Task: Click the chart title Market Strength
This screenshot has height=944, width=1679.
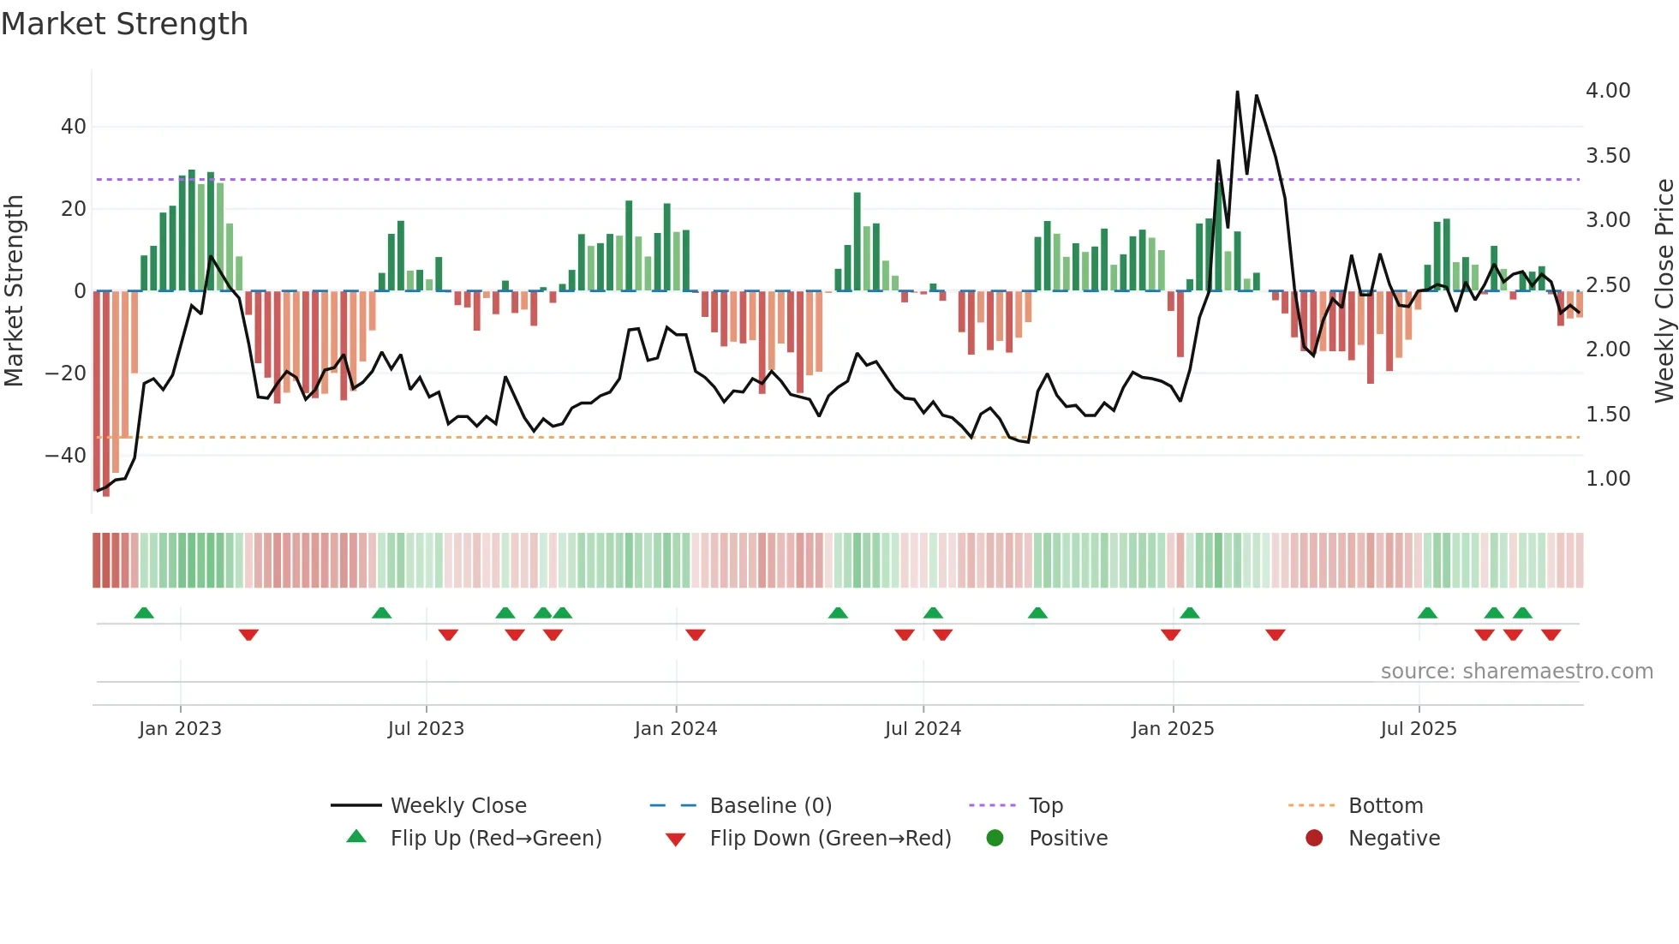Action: click(x=124, y=24)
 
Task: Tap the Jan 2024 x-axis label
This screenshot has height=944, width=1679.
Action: click(x=675, y=729)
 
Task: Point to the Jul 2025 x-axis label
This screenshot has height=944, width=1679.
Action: click(x=1418, y=729)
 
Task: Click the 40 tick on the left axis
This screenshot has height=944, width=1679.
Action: click(x=74, y=127)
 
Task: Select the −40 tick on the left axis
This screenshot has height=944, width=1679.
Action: click(x=67, y=456)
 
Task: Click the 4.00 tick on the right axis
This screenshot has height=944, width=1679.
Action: click(x=1607, y=91)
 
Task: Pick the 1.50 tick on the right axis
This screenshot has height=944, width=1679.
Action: click(x=1607, y=415)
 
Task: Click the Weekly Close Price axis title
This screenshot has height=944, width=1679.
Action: click(x=1664, y=291)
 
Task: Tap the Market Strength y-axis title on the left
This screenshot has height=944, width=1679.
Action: click(x=15, y=291)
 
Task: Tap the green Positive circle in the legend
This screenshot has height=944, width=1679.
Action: click(x=995, y=839)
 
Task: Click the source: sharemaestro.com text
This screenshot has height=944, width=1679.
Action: click(x=1516, y=672)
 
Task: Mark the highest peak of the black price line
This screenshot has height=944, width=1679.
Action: click(x=1237, y=92)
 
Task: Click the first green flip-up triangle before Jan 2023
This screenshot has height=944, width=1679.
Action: click(x=144, y=613)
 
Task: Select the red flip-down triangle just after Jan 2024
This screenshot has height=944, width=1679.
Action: click(x=696, y=635)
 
